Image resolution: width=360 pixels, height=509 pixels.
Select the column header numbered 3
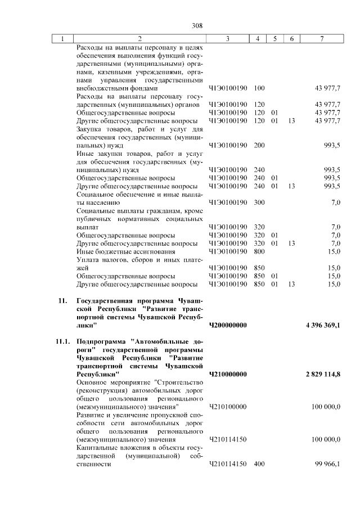pos(227,39)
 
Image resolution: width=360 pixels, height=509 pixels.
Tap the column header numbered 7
pos(321,39)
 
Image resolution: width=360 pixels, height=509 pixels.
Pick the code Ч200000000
pos(228,325)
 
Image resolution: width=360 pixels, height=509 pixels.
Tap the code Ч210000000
pos(228,373)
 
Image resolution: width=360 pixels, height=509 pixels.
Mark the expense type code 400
pos(259,465)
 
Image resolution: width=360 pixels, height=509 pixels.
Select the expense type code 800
pos(259,251)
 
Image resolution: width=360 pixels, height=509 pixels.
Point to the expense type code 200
pos(259,145)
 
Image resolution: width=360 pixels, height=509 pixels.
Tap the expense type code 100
pos(259,88)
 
